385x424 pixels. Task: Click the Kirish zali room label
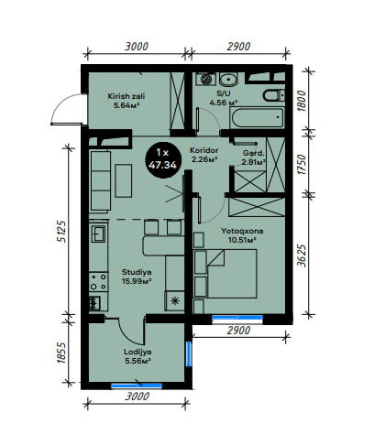[126, 101]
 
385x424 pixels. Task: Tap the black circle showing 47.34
[163, 159]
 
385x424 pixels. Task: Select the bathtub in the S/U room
[258, 118]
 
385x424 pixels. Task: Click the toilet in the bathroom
[274, 95]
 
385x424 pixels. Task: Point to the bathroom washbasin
[228, 80]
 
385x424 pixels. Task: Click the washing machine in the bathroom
[206, 79]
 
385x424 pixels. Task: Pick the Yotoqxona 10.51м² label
[242, 235]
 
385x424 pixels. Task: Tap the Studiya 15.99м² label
[137, 277]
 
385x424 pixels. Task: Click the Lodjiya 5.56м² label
[137, 356]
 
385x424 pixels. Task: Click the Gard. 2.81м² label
[253, 158]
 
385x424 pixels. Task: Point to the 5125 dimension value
[61, 231]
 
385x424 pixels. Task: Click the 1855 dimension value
[61, 353]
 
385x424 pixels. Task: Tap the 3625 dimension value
[302, 255]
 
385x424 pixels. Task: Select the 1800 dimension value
[302, 101]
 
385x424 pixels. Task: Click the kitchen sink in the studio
[99, 234]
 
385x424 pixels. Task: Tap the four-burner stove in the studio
[98, 282]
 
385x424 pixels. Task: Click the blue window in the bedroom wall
[237, 318]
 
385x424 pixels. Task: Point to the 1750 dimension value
[302, 164]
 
